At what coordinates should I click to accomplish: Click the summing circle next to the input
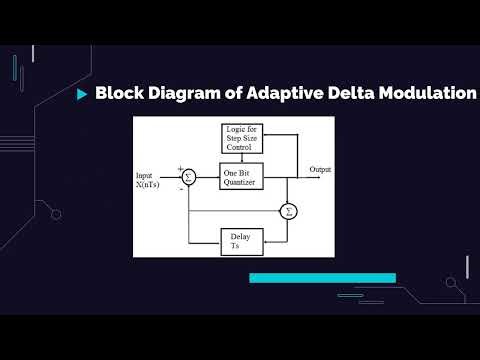point(189,177)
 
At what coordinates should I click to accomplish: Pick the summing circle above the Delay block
point(288,210)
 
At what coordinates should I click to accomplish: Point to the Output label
point(321,168)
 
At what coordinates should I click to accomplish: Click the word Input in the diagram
point(146,176)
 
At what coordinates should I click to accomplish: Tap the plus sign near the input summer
point(180,168)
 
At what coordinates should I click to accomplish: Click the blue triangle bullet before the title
point(81,95)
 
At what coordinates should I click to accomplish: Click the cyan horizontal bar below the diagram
point(322,278)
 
